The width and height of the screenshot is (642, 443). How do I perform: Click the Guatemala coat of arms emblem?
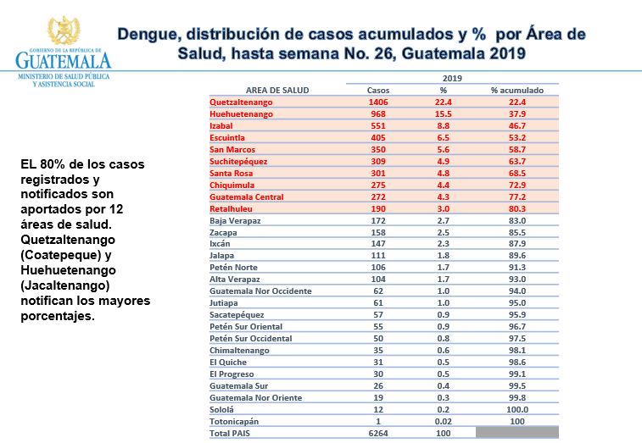pos(63,32)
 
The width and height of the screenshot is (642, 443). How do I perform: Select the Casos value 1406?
pos(377,102)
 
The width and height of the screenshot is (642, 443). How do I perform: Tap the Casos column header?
pos(377,90)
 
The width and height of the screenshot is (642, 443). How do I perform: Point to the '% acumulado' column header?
pos(517,90)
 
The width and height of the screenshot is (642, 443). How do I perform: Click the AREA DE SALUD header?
pos(276,90)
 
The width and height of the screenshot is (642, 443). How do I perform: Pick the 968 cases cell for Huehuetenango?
pos(377,114)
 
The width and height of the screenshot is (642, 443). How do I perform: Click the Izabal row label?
pos(222,125)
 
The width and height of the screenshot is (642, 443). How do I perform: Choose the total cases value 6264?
pos(377,434)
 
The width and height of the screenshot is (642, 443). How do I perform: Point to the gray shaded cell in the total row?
pos(517,433)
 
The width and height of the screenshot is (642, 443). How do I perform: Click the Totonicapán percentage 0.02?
pos(443,421)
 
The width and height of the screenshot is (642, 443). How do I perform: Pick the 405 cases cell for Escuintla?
pos(377,137)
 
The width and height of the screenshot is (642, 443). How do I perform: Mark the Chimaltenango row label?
pos(239,350)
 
